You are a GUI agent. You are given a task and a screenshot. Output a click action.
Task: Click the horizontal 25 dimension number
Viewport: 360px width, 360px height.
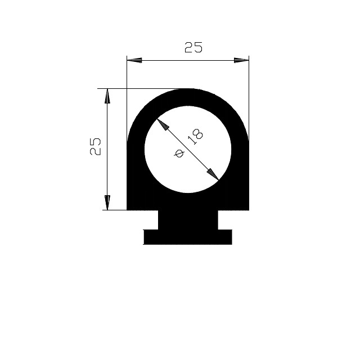(x=193, y=47)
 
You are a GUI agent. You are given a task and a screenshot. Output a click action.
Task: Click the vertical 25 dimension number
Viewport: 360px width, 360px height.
(x=95, y=147)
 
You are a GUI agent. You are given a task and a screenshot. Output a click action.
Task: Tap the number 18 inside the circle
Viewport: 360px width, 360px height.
(x=196, y=137)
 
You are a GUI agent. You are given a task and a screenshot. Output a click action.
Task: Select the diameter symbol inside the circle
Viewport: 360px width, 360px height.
(x=179, y=154)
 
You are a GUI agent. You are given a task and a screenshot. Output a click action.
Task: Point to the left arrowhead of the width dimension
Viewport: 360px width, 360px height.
(x=134, y=60)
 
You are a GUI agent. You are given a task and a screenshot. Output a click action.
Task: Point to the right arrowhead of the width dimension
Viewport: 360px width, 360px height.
(x=241, y=60)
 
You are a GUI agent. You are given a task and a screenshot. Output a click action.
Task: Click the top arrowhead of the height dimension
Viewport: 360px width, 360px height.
(x=107, y=96)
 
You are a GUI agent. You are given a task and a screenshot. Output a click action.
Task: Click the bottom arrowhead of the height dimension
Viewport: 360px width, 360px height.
(x=107, y=202)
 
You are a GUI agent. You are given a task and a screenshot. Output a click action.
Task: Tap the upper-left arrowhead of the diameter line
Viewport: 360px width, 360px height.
(x=163, y=125)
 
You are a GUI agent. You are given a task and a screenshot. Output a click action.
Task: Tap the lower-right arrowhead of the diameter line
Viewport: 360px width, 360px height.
(x=213, y=174)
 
